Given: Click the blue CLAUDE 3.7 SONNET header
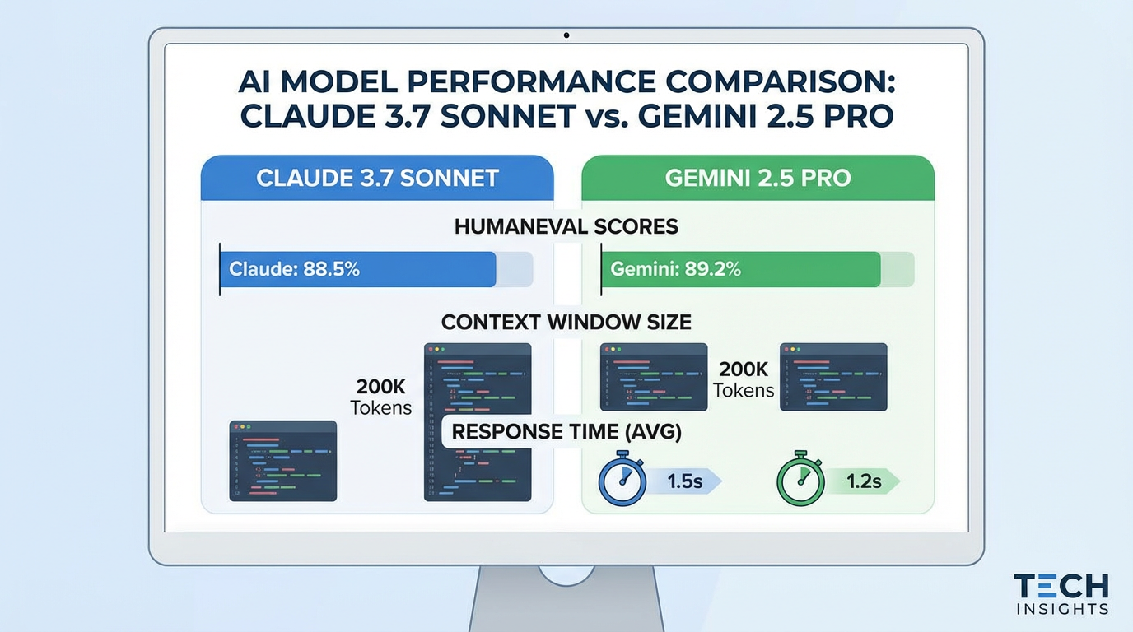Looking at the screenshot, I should click(377, 178).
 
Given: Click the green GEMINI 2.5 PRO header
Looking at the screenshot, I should click(758, 178).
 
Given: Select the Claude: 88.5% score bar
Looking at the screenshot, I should click(358, 269).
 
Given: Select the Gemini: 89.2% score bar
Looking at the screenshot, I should click(741, 269).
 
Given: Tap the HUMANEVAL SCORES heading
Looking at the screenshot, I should click(566, 226).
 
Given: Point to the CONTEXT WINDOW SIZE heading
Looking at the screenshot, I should click(566, 322).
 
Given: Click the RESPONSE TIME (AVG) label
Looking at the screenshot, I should click(566, 431).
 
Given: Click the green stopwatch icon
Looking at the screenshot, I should click(801, 480).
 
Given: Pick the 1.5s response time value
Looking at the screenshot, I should click(685, 481).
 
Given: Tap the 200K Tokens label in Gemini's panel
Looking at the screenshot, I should click(744, 379).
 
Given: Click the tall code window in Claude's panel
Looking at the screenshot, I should click(478, 387).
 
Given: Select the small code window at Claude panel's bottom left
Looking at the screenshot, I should click(282, 461).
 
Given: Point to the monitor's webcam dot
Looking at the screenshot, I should click(566, 35).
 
